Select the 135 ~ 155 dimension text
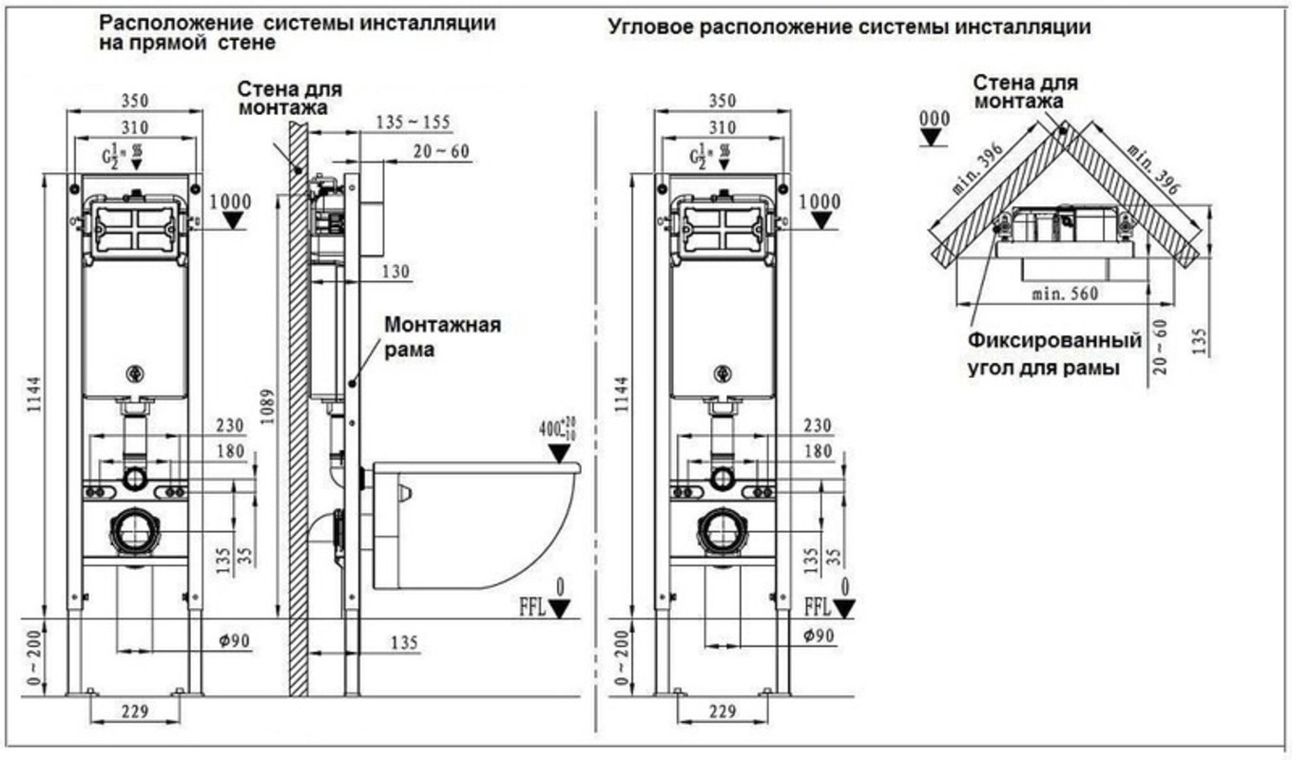413,122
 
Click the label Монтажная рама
442,337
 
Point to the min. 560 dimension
1065,294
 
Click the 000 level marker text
935,119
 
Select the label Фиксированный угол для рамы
1053,353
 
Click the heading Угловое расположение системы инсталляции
849,28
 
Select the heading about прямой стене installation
298,32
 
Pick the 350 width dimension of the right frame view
722,100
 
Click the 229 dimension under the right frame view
723,711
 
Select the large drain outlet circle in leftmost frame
134,532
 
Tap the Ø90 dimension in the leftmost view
233,641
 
